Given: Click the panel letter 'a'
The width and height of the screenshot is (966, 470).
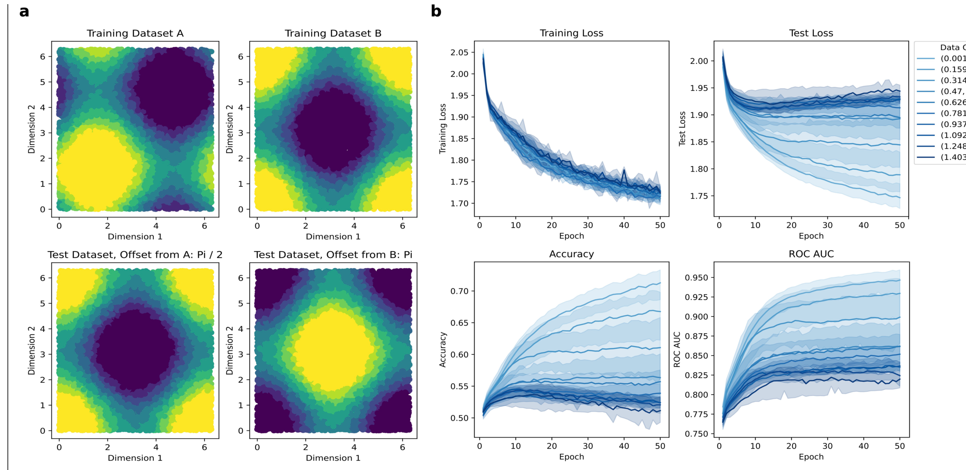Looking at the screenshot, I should (24, 12).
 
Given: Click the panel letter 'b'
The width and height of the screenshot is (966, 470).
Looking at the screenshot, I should (436, 12).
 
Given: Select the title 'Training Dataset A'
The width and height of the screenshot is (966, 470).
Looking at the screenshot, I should (135, 34).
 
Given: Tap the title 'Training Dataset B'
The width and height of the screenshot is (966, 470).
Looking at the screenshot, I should (333, 34).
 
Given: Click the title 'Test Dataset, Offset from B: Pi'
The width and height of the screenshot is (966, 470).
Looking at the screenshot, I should (333, 255).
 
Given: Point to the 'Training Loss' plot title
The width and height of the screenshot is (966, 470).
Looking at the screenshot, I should (571, 33).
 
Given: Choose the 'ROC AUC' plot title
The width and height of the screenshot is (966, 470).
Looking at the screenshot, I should (811, 254).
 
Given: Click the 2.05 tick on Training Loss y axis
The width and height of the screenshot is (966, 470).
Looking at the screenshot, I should (459, 52).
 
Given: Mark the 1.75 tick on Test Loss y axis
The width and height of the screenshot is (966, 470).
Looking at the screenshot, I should (699, 196).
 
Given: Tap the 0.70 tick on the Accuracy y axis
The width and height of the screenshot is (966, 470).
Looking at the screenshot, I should (459, 291).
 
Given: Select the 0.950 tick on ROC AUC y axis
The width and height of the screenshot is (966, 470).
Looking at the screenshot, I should (696, 278).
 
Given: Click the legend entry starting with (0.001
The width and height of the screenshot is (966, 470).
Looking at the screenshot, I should (953, 58).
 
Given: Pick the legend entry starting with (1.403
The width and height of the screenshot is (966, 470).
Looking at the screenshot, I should (953, 157).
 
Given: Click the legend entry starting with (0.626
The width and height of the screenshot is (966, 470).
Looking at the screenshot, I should (953, 102).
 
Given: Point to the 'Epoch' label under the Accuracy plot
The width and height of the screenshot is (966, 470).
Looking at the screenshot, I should (571, 457).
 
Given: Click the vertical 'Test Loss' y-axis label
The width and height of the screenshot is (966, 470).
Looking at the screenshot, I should (682, 129).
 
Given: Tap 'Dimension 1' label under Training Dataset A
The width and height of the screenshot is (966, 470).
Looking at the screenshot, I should (135, 237).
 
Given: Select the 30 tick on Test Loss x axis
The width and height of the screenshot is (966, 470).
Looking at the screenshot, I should (827, 225).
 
